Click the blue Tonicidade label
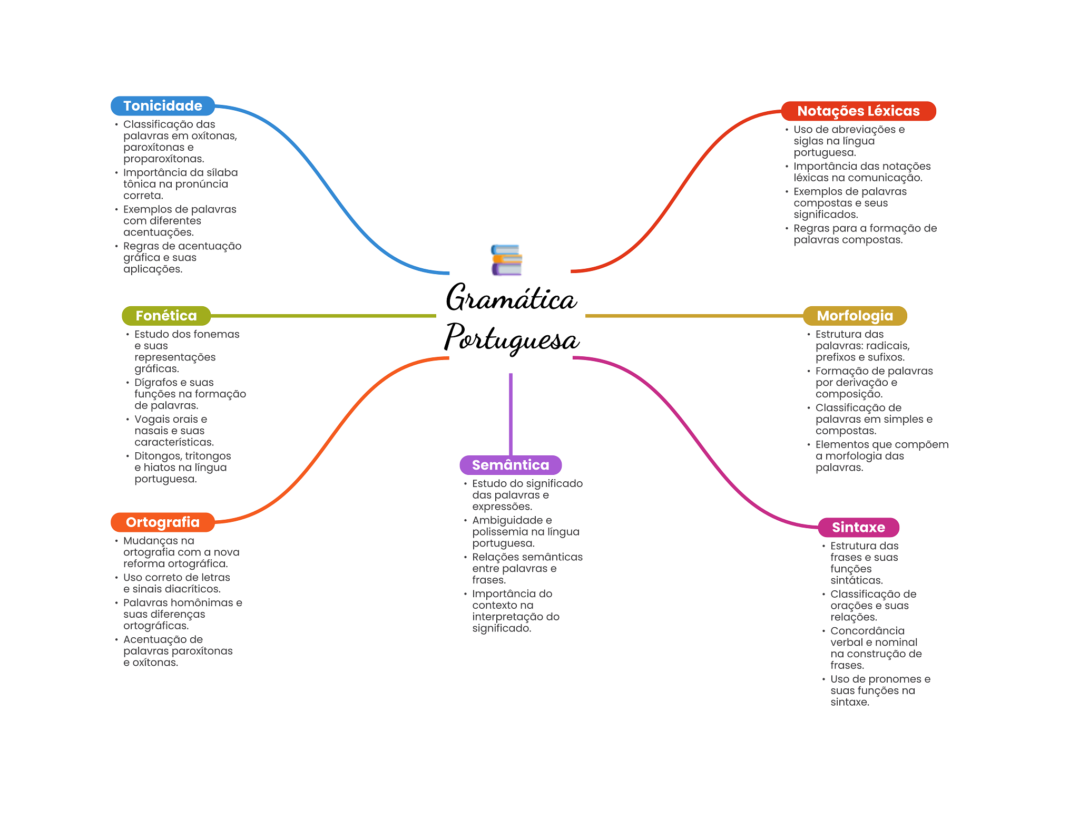click(x=163, y=106)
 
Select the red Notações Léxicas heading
click(x=858, y=111)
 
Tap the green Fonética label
click(x=166, y=316)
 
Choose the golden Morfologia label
click(x=855, y=316)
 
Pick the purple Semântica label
click(x=511, y=465)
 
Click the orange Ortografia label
click(x=163, y=522)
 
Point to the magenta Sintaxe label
click(x=858, y=527)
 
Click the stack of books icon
click(x=506, y=260)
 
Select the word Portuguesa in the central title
click(x=512, y=338)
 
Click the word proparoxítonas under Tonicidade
click(x=164, y=159)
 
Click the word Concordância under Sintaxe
click(x=867, y=631)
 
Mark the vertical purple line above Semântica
click(x=511, y=414)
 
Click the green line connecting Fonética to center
click(x=323, y=316)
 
